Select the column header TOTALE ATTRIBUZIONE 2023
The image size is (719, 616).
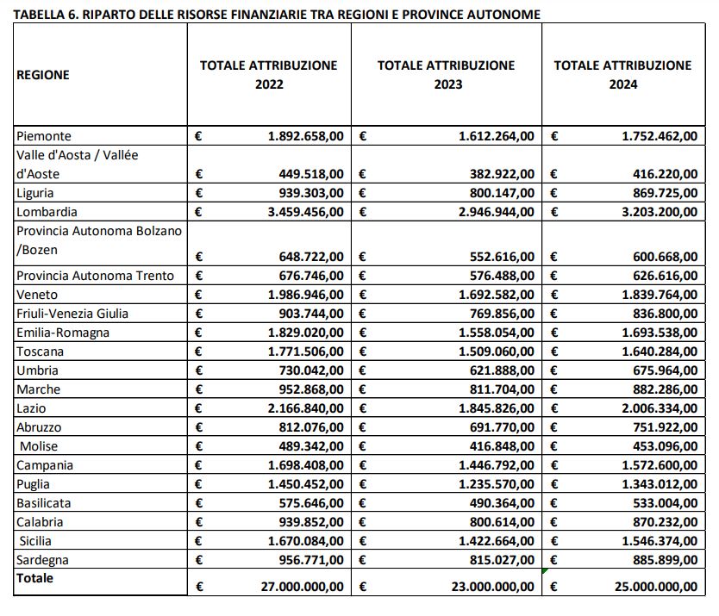(446, 75)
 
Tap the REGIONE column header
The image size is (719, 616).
(43, 75)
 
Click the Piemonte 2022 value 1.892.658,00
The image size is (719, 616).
(306, 136)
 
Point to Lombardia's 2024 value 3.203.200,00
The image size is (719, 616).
(660, 212)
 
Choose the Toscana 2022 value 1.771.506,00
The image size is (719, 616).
(306, 352)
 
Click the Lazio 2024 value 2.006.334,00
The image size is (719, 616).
(660, 408)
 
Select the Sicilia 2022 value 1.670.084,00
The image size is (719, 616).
(306, 541)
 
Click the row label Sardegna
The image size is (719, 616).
(42, 560)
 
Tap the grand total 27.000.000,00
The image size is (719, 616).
(303, 587)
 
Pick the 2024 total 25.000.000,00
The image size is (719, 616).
(656, 587)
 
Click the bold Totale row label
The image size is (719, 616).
(34, 578)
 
